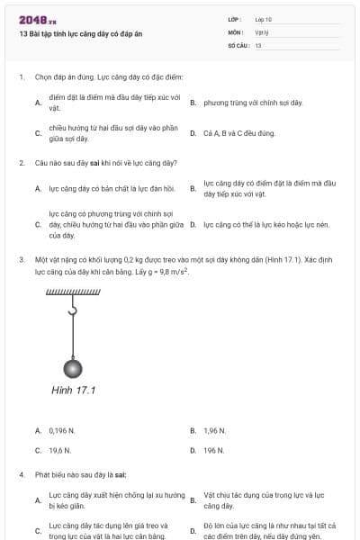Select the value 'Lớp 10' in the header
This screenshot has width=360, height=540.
263,18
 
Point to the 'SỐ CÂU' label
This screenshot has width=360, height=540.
237,44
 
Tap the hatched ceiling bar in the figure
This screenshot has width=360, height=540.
73,292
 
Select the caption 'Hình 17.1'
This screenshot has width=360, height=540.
74,390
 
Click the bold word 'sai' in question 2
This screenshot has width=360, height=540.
97,163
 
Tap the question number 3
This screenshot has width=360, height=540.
21,259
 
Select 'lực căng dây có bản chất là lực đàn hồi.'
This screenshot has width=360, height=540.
109,189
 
